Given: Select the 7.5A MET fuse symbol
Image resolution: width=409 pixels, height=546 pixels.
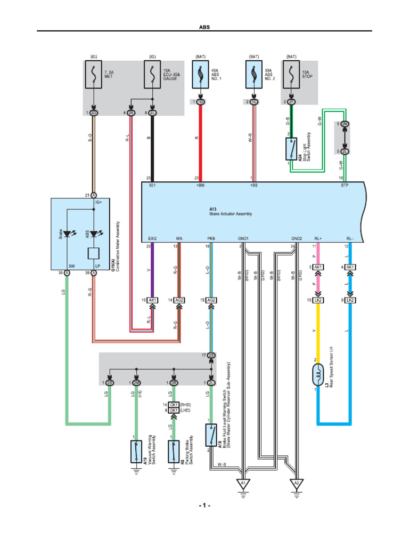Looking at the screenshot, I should point(94,76).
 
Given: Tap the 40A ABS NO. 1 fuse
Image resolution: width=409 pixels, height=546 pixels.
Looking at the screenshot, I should point(200,76).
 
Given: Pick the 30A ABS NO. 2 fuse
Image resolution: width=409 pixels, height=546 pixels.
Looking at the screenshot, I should point(252,76).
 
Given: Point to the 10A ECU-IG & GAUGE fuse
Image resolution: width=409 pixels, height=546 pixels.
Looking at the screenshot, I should point(153,76).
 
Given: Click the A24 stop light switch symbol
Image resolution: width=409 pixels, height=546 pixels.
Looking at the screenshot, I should point(291,149).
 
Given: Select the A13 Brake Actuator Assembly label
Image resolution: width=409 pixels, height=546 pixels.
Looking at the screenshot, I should point(230,212).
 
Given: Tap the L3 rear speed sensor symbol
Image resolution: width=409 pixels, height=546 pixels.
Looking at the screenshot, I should point(318,372).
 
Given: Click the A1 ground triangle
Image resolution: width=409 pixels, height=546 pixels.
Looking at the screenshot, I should point(243,484).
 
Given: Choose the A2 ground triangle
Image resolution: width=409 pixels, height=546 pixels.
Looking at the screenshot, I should point(296,484).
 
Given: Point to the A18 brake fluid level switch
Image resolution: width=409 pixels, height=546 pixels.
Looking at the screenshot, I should point(211,435).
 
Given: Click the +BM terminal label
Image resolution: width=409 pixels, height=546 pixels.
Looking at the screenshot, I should point(200,186).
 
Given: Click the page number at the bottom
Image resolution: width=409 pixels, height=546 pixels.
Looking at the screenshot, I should point(204,505).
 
